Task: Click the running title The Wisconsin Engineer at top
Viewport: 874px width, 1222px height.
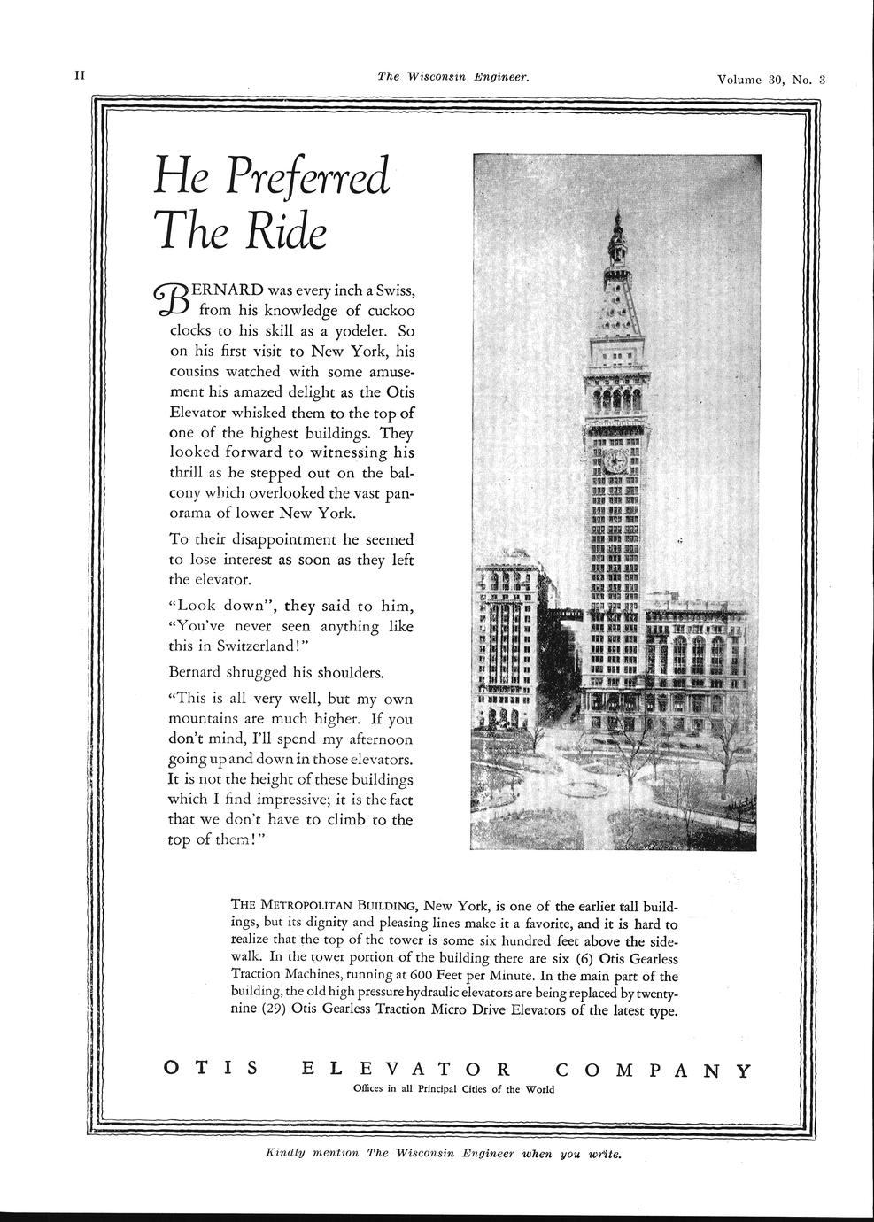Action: pyautogui.click(x=453, y=77)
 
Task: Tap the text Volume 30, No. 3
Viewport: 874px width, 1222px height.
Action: pyautogui.click(x=771, y=79)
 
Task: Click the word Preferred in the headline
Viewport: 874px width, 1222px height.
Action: pyautogui.click(x=306, y=178)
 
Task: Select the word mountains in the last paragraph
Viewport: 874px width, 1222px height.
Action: pyautogui.click(x=205, y=717)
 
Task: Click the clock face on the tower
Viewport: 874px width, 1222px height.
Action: pyautogui.click(x=615, y=460)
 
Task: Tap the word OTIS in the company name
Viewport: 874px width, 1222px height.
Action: pyautogui.click(x=213, y=1069)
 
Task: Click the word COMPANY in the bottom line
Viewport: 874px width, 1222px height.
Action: pyautogui.click(x=654, y=1070)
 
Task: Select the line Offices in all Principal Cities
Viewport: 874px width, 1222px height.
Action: pyautogui.click(x=453, y=1089)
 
